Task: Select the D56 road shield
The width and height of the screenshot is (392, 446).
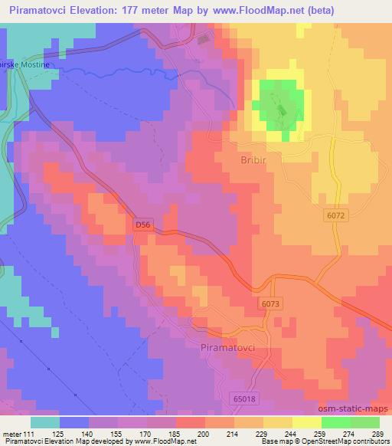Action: point(142,225)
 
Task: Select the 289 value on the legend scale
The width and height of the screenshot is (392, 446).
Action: point(378,434)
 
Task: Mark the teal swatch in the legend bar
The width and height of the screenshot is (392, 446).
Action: point(45,422)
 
